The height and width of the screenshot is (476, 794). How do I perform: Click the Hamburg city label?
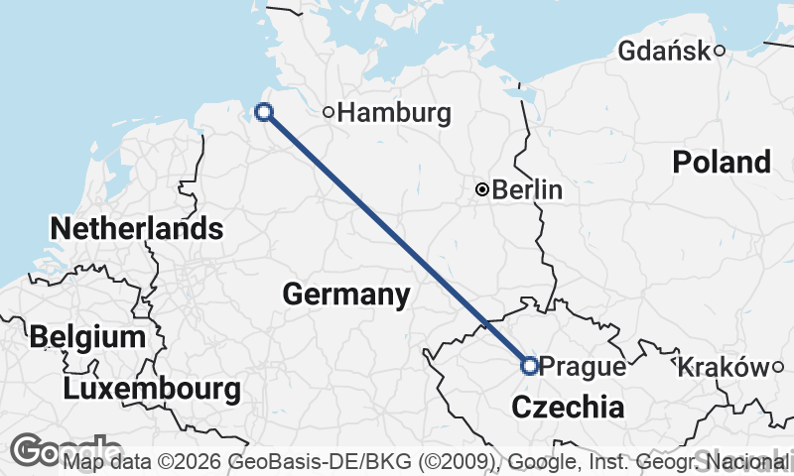(x=394, y=113)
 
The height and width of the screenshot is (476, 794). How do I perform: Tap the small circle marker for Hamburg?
(x=329, y=112)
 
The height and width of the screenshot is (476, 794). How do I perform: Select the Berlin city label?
(x=527, y=189)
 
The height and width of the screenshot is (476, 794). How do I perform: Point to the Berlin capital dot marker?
(x=482, y=189)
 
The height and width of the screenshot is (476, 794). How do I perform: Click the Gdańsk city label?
(x=663, y=51)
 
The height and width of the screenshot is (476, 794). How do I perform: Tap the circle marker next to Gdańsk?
(x=720, y=50)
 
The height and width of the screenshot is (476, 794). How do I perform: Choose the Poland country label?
(x=722, y=162)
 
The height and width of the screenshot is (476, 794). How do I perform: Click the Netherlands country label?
(x=136, y=229)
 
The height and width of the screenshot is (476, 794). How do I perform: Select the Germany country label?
(x=345, y=295)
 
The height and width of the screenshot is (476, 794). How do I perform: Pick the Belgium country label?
(x=87, y=336)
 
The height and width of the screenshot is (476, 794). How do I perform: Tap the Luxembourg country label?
(x=152, y=389)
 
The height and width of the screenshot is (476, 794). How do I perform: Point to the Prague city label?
(x=584, y=367)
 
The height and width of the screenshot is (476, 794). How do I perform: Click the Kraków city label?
(x=724, y=368)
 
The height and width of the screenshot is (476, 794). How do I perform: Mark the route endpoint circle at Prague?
(x=530, y=366)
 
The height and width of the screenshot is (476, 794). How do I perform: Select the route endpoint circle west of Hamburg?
(x=264, y=112)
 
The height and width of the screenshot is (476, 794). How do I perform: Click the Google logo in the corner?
(x=40, y=451)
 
